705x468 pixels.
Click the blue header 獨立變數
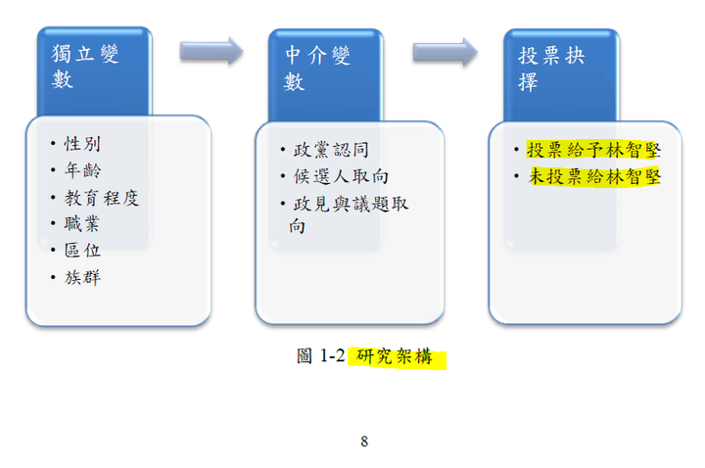85,67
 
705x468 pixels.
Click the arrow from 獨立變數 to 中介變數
211,51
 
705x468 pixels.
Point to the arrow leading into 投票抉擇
446,52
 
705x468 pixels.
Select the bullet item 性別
82,144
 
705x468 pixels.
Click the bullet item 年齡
82,170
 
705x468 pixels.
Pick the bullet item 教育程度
102,198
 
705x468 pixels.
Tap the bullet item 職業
82,223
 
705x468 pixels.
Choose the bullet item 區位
82,250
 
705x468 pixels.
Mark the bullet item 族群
82,277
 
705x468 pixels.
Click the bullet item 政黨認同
331,150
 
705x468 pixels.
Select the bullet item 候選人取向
341,176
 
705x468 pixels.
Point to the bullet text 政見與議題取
351,204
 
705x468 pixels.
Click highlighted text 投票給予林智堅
593,150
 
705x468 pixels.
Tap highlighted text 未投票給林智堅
594,176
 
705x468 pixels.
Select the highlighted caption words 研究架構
395,356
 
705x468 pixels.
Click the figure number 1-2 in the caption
332,356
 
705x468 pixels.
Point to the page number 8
364,442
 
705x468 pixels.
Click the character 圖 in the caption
305,356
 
